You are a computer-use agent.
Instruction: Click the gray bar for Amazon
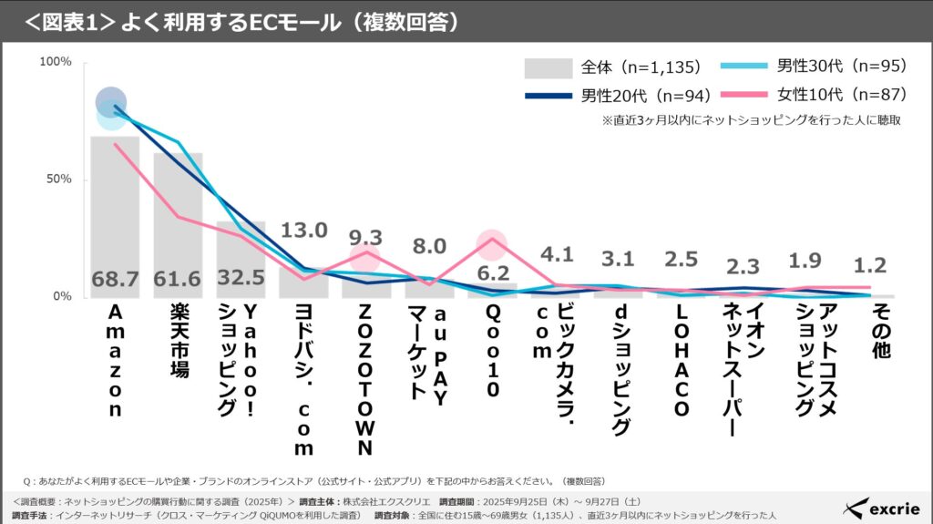click(115, 219)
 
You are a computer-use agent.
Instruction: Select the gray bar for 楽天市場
click(178, 228)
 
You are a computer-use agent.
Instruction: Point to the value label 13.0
click(303, 231)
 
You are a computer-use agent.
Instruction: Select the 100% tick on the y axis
click(56, 62)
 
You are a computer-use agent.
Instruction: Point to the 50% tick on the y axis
click(58, 180)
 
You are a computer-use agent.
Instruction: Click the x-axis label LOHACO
click(681, 361)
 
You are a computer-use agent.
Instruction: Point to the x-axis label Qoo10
click(492, 352)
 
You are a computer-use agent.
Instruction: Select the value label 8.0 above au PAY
click(429, 247)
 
